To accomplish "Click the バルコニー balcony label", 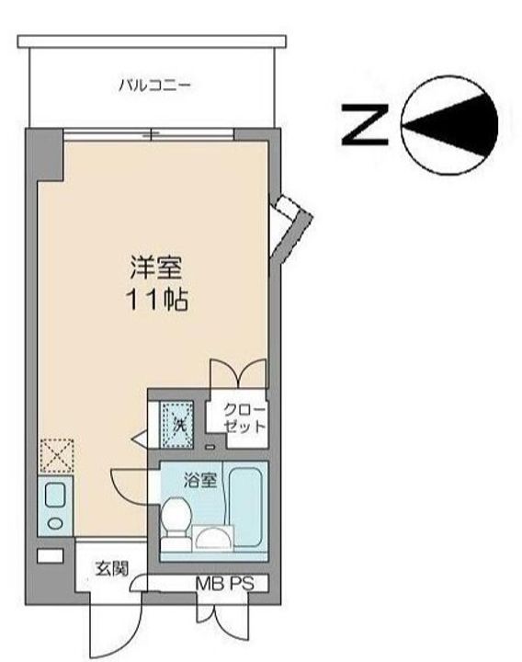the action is click(154, 86).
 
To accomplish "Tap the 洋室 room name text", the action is click(155, 268).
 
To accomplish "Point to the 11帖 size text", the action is click(156, 300).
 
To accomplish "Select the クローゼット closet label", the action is click(244, 418).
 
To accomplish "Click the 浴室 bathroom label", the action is click(200, 480).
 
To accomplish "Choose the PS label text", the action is click(242, 584).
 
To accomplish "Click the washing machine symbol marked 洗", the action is click(176, 424).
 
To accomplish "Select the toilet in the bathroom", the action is click(176, 523).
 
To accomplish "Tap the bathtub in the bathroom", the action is click(245, 507).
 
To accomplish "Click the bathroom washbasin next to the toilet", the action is click(212, 538).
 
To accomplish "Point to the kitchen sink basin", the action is click(55, 496).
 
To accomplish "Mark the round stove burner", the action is click(55, 523).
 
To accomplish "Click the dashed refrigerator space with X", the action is click(57, 456).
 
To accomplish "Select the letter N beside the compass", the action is click(365, 125).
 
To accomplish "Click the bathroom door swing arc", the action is click(127, 485).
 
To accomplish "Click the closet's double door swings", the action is click(239, 373).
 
